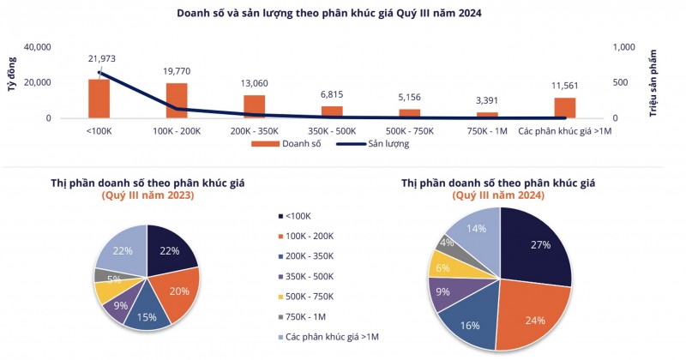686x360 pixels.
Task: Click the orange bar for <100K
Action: [x=99, y=99]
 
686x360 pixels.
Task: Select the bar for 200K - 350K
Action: [x=255, y=106]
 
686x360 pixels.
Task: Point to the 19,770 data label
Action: [x=177, y=72]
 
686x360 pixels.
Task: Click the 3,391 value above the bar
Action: [x=487, y=101]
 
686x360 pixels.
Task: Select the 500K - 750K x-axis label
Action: [x=410, y=129]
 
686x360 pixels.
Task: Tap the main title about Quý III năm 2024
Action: [x=341, y=13]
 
